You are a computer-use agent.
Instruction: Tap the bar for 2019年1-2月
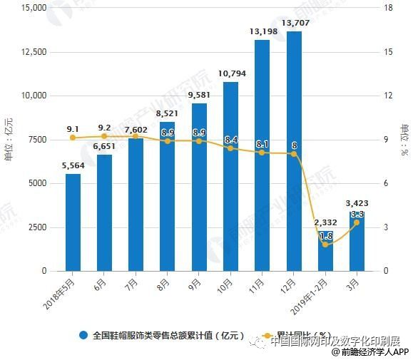[x=325, y=250]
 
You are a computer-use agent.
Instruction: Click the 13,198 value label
[x=262, y=32]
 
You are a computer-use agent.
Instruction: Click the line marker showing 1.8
[x=325, y=245]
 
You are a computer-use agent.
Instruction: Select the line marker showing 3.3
[x=357, y=222]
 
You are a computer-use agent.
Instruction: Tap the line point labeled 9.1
[x=73, y=138]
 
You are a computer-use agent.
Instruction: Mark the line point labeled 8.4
[x=230, y=148]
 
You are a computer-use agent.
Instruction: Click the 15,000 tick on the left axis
[x=34, y=8]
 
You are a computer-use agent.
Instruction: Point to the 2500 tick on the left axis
[x=36, y=227]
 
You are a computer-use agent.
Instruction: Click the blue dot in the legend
[x=83, y=335]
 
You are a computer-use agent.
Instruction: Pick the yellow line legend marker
[x=266, y=335]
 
